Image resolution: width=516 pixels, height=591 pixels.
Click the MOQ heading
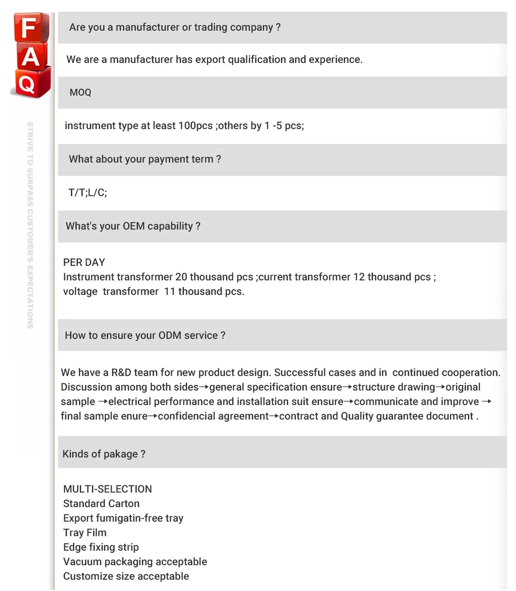click(80, 93)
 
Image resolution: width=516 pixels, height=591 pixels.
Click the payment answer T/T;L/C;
click(88, 192)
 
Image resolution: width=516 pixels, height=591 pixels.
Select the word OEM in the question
click(134, 226)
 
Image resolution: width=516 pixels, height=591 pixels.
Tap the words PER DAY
click(84, 262)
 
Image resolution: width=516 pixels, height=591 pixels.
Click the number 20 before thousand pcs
click(181, 277)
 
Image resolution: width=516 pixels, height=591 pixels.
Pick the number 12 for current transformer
click(359, 277)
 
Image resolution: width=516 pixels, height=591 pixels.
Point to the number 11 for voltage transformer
click(169, 291)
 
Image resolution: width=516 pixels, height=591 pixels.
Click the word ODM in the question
click(169, 335)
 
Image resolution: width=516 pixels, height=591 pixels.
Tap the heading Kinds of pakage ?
click(104, 454)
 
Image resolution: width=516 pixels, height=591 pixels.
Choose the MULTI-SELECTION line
click(108, 489)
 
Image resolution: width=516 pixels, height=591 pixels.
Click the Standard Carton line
click(101, 504)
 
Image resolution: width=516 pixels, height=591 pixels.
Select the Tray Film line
click(85, 533)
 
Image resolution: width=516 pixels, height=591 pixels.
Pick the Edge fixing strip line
click(101, 547)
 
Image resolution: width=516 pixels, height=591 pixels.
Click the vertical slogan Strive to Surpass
click(30, 224)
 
